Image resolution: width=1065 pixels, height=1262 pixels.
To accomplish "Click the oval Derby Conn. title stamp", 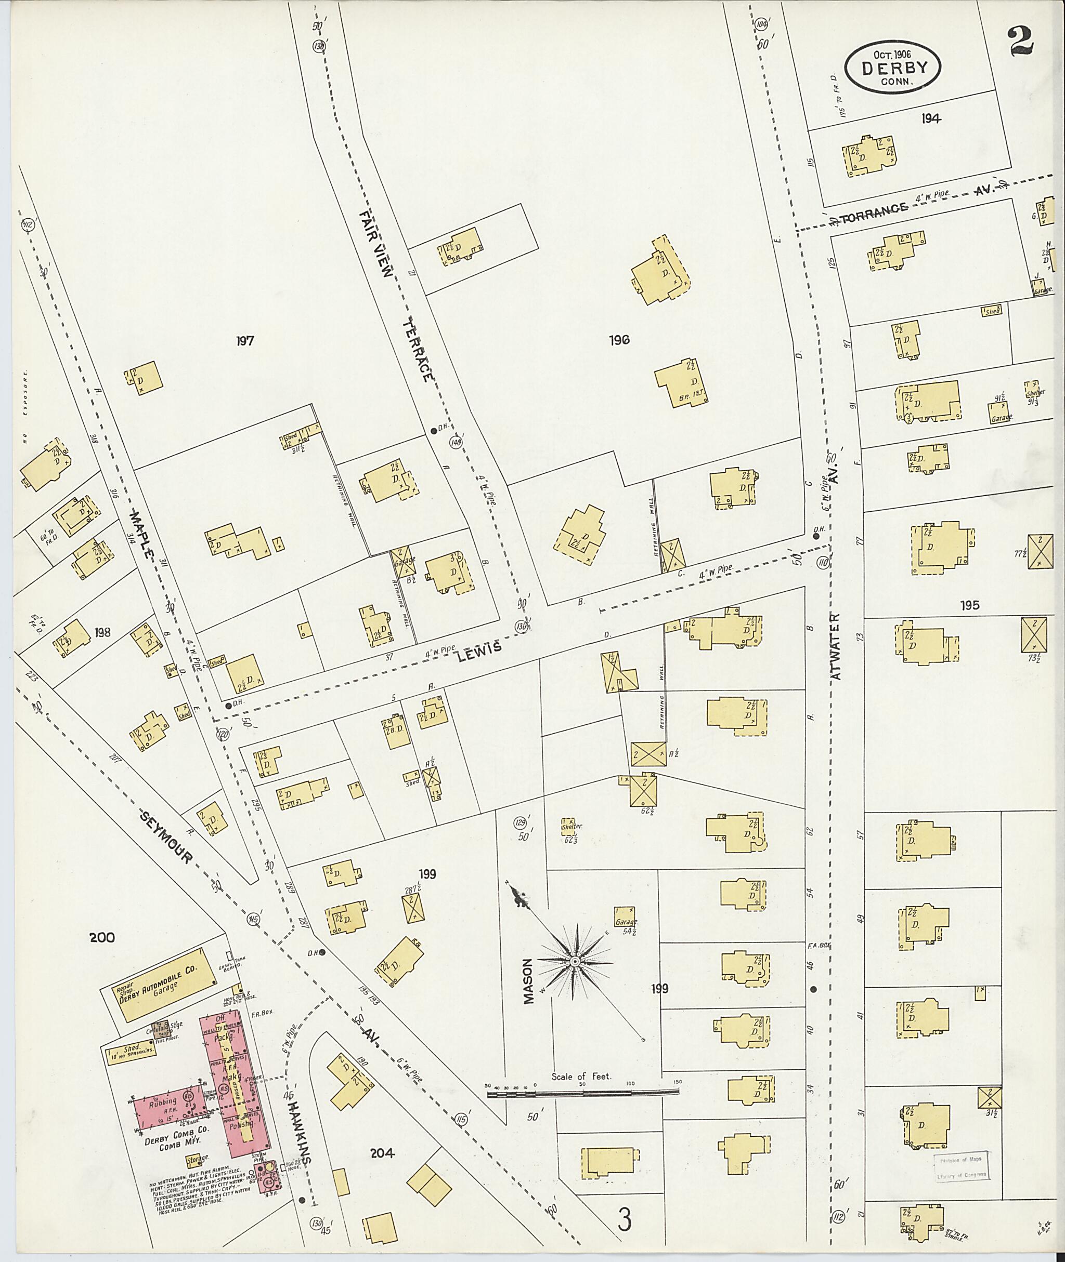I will pos(890,68).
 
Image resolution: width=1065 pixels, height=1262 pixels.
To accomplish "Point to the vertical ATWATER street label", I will pos(836,647).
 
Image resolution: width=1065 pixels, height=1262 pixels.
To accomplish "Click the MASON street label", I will pos(529,981).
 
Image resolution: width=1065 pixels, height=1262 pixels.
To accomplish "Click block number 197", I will pos(244,341).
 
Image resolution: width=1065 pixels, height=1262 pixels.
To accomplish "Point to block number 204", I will pos(382,1153).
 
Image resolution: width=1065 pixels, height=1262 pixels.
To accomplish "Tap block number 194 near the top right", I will pos(931,119).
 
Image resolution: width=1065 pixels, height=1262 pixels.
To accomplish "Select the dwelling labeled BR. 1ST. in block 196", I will pos(680,383).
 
